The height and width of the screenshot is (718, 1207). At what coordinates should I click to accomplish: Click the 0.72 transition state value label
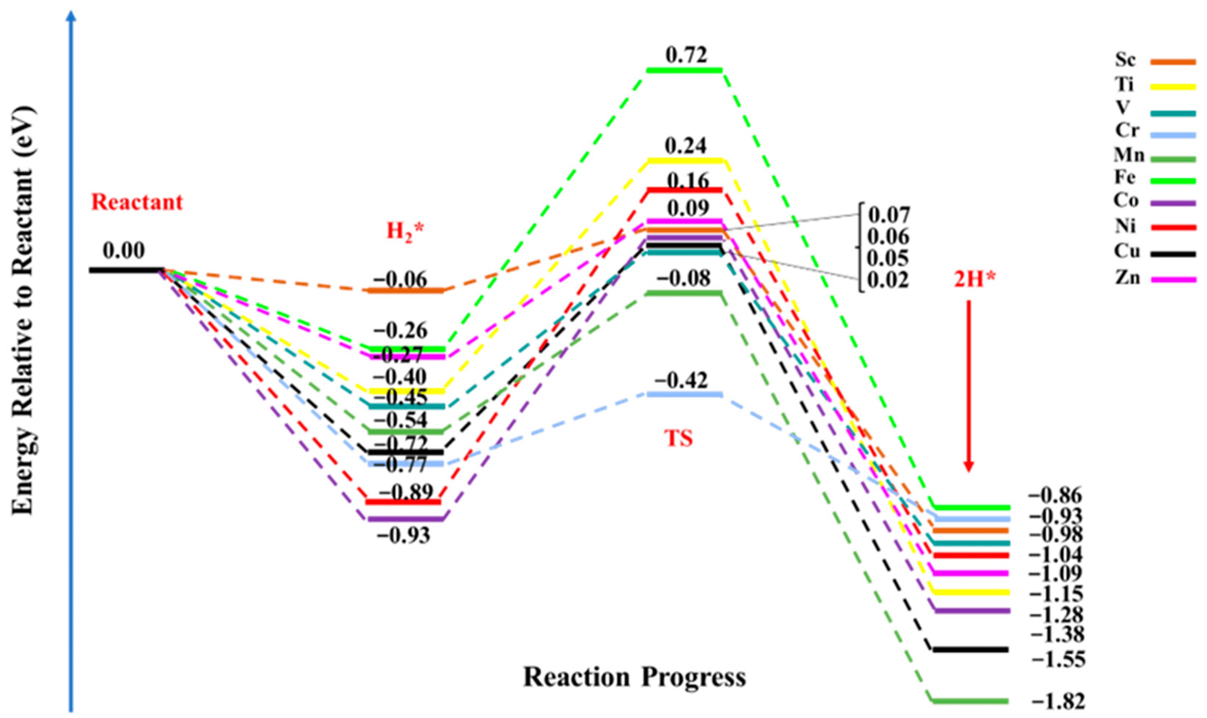(686, 55)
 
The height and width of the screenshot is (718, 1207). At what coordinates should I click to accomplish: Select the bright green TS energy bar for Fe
(684, 71)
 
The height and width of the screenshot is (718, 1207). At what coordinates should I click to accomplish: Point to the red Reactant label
(138, 202)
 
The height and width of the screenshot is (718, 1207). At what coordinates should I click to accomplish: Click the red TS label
(679, 438)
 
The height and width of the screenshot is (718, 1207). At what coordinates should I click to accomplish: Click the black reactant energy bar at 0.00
(127, 270)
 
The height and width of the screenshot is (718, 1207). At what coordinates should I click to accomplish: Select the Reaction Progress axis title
(635, 677)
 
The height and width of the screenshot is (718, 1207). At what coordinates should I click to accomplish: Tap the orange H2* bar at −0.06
(406, 290)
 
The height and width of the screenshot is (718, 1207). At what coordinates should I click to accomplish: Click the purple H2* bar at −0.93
(406, 519)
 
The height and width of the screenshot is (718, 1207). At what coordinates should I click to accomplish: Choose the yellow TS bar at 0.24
(684, 161)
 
